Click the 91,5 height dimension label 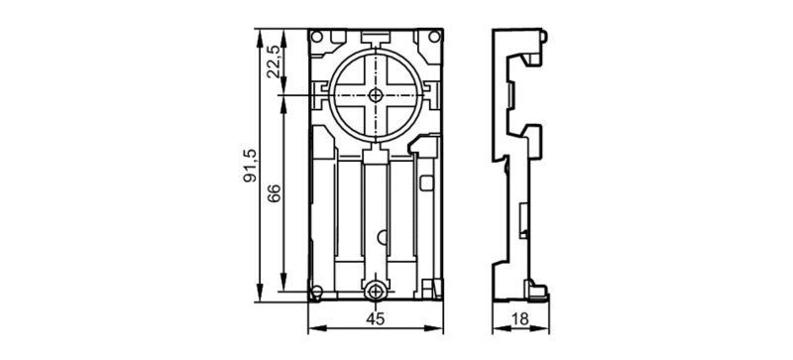point(251,166)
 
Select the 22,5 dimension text point(275,61)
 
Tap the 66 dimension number point(275,193)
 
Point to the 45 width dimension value point(376,319)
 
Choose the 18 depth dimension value point(519,319)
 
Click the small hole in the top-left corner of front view point(317,37)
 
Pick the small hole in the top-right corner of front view point(434,37)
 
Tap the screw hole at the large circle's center point(376,94)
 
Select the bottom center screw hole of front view point(376,292)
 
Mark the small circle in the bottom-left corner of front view point(316,292)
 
